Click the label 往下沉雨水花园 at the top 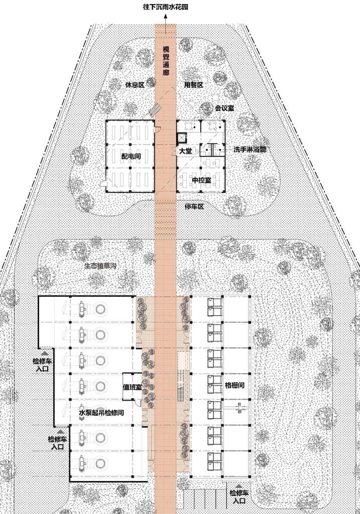point(166,7)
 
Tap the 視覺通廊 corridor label point(166,61)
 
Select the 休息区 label point(135,84)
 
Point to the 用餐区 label point(193,84)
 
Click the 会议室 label point(224,108)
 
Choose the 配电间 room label point(131,157)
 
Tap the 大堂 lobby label point(186,152)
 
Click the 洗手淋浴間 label point(250,150)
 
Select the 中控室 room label point(201,180)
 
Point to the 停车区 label point(194,206)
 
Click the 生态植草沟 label point(100,266)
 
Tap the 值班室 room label point(132,387)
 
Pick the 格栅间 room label point(234,385)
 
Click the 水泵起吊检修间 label point(101,413)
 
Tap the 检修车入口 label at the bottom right point(239,496)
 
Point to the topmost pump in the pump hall point(86,309)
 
